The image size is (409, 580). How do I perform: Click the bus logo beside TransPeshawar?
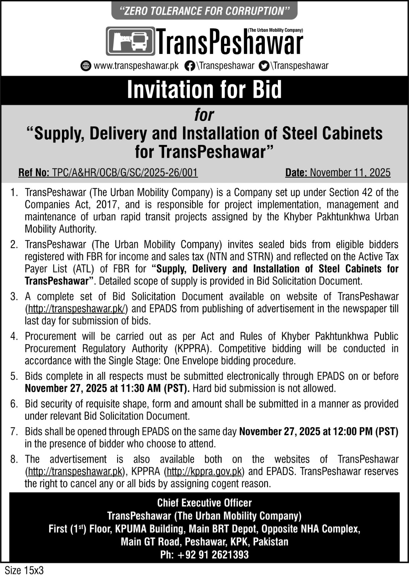click(130, 41)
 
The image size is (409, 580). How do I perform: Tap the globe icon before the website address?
click(86, 66)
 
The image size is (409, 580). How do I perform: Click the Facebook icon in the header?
click(189, 66)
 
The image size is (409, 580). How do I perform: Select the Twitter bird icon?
click(265, 66)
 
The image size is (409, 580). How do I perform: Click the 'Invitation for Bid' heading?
click(204, 90)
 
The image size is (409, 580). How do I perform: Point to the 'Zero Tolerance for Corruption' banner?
click(204, 11)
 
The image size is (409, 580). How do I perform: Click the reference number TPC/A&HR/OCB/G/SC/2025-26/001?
click(125, 173)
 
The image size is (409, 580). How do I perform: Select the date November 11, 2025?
click(350, 173)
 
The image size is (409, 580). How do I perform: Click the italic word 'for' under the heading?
click(204, 115)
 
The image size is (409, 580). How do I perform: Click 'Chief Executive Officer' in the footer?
click(204, 503)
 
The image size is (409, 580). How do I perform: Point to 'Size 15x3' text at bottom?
click(24, 570)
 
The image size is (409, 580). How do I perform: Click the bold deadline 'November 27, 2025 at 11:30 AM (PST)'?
click(107, 389)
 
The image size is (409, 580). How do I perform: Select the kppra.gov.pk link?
click(204, 472)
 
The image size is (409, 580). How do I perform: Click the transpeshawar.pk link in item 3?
click(76, 309)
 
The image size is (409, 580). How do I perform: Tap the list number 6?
click(14, 404)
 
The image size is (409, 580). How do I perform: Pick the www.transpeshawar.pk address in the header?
click(136, 66)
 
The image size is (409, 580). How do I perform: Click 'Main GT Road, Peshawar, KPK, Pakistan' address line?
click(204, 542)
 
